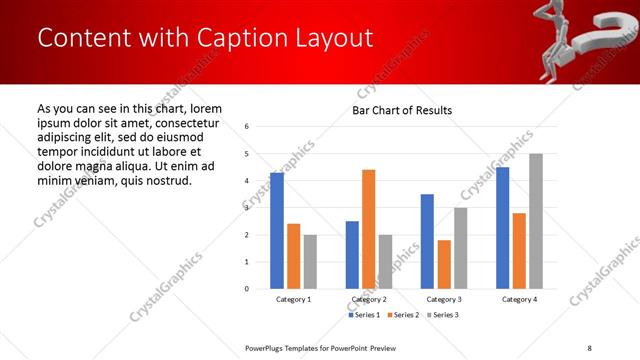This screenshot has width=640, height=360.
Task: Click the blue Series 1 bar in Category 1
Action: (277, 231)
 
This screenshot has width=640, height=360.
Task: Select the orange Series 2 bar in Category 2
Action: (368, 229)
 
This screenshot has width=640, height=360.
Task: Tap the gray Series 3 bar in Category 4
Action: (536, 221)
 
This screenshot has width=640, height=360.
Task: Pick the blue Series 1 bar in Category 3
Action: (427, 241)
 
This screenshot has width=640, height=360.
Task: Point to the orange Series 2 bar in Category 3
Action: (444, 264)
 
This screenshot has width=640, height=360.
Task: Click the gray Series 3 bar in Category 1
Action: (310, 262)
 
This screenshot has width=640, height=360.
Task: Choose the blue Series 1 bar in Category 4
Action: (502, 228)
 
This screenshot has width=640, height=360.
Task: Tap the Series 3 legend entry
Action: (443, 315)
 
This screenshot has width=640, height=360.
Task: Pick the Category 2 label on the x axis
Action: (368, 299)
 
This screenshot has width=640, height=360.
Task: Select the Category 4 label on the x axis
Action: (519, 299)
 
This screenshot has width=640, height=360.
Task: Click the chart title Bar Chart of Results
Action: (402, 110)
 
